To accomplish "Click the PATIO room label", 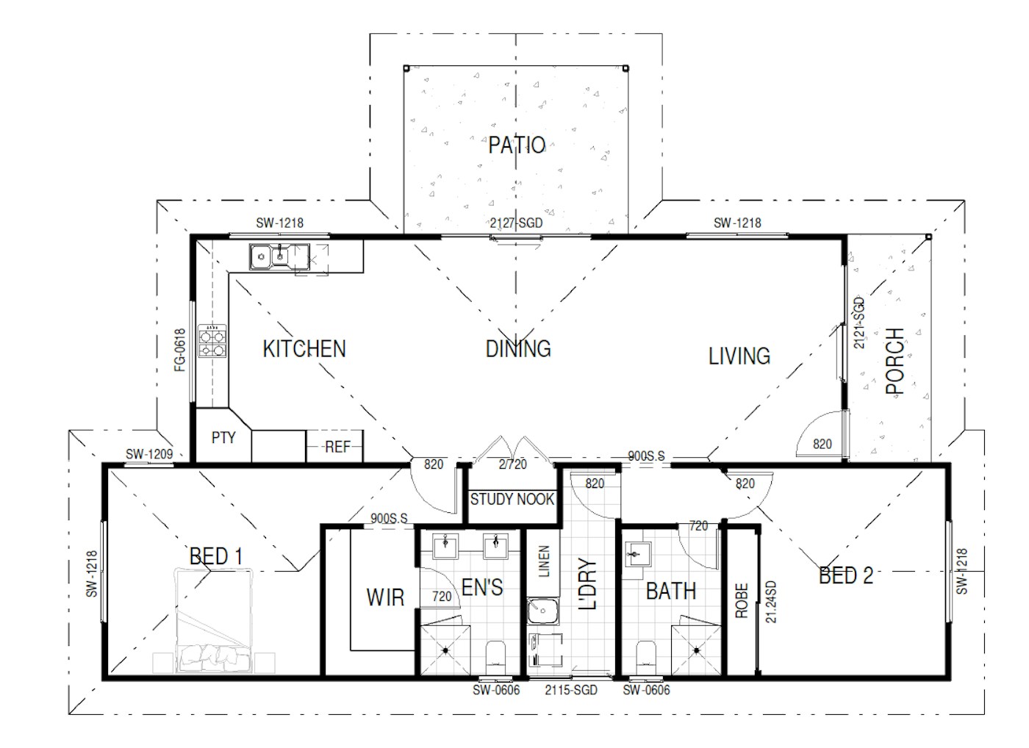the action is coord(517,145).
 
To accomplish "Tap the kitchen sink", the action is coord(279,256).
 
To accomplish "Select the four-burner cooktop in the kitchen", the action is coord(212,341).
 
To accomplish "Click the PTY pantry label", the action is coord(223,438).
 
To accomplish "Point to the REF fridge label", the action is coord(337,447).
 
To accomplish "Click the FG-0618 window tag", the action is coord(180,350).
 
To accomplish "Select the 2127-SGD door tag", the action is coord(516,223).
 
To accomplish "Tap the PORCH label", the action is coord(895,362).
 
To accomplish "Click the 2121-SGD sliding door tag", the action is coord(859,323).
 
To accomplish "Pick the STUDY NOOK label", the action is coord(512,499).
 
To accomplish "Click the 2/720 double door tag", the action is coord(513,464).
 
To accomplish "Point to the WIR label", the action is coord(385,597).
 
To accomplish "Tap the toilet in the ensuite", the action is coord(495,658).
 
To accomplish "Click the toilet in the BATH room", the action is coord(646,658).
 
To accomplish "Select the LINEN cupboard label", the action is coord(543,561).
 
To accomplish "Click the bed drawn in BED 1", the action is coord(214,621).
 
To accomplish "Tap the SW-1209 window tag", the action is coord(149,454).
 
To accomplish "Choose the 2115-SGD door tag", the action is coord(571,690).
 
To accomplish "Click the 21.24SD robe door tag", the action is coord(771,602).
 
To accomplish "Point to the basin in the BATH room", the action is coord(639,555).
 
